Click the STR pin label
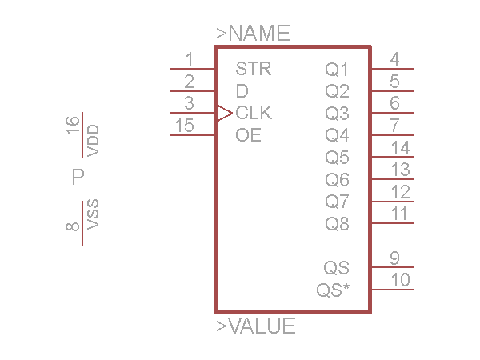(x=254, y=69)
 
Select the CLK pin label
(x=254, y=113)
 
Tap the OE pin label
(x=248, y=135)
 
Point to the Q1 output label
(x=337, y=70)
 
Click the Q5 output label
(x=337, y=158)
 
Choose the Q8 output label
(x=337, y=224)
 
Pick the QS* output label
(x=333, y=290)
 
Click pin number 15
(x=184, y=126)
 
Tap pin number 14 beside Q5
(x=400, y=148)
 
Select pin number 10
(x=400, y=280)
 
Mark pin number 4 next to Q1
(x=394, y=59)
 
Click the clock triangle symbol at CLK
(x=223, y=114)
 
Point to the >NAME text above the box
(x=253, y=34)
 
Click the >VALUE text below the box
(x=256, y=326)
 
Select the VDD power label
(x=94, y=140)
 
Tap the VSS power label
(x=94, y=215)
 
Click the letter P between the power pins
(x=78, y=177)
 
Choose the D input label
(x=242, y=91)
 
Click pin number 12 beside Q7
(x=400, y=192)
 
